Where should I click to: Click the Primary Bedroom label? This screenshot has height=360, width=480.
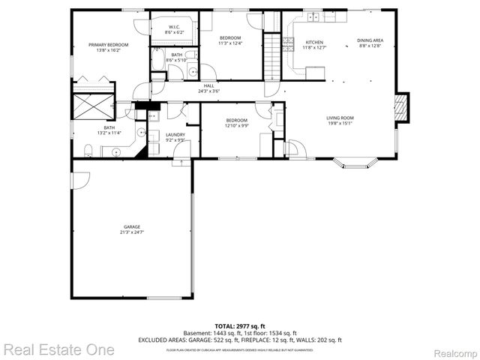click(x=108, y=45)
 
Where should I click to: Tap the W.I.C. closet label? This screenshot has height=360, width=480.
click(x=172, y=28)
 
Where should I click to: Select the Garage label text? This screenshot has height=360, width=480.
click(x=132, y=226)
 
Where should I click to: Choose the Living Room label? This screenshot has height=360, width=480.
click(x=340, y=118)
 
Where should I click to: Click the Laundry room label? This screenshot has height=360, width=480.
click(x=175, y=134)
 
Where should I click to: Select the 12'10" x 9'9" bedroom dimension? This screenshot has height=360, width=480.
click(x=237, y=126)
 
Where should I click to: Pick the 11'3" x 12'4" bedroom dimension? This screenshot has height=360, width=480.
click(x=230, y=43)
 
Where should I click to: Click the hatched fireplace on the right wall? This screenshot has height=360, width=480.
click(x=403, y=106)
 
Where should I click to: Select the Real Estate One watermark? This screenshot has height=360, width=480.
click(x=58, y=349)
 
